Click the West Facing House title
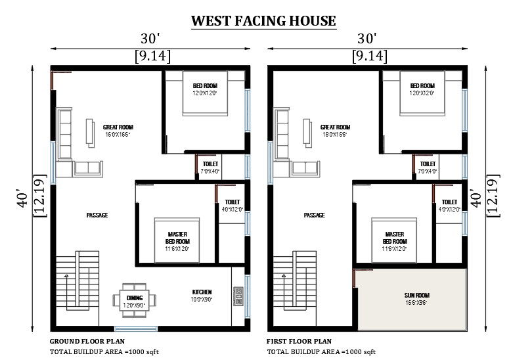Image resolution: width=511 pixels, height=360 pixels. click(263, 21)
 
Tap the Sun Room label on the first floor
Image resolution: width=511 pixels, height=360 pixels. click(414, 295)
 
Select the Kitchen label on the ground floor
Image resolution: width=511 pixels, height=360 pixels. click(202, 292)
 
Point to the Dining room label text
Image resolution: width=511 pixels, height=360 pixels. click(134, 298)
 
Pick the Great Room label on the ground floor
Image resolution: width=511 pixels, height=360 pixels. click(118, 127)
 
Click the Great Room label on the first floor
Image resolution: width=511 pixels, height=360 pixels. click(335, 127)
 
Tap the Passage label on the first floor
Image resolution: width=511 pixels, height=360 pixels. click(314, 215)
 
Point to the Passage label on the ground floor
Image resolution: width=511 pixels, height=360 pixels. click(97, 215)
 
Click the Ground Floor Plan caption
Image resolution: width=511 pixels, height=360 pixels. click(87, 342)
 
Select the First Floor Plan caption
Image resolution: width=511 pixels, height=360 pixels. click(299, 342)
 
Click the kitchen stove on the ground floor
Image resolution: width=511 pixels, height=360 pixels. click(237, 297)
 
